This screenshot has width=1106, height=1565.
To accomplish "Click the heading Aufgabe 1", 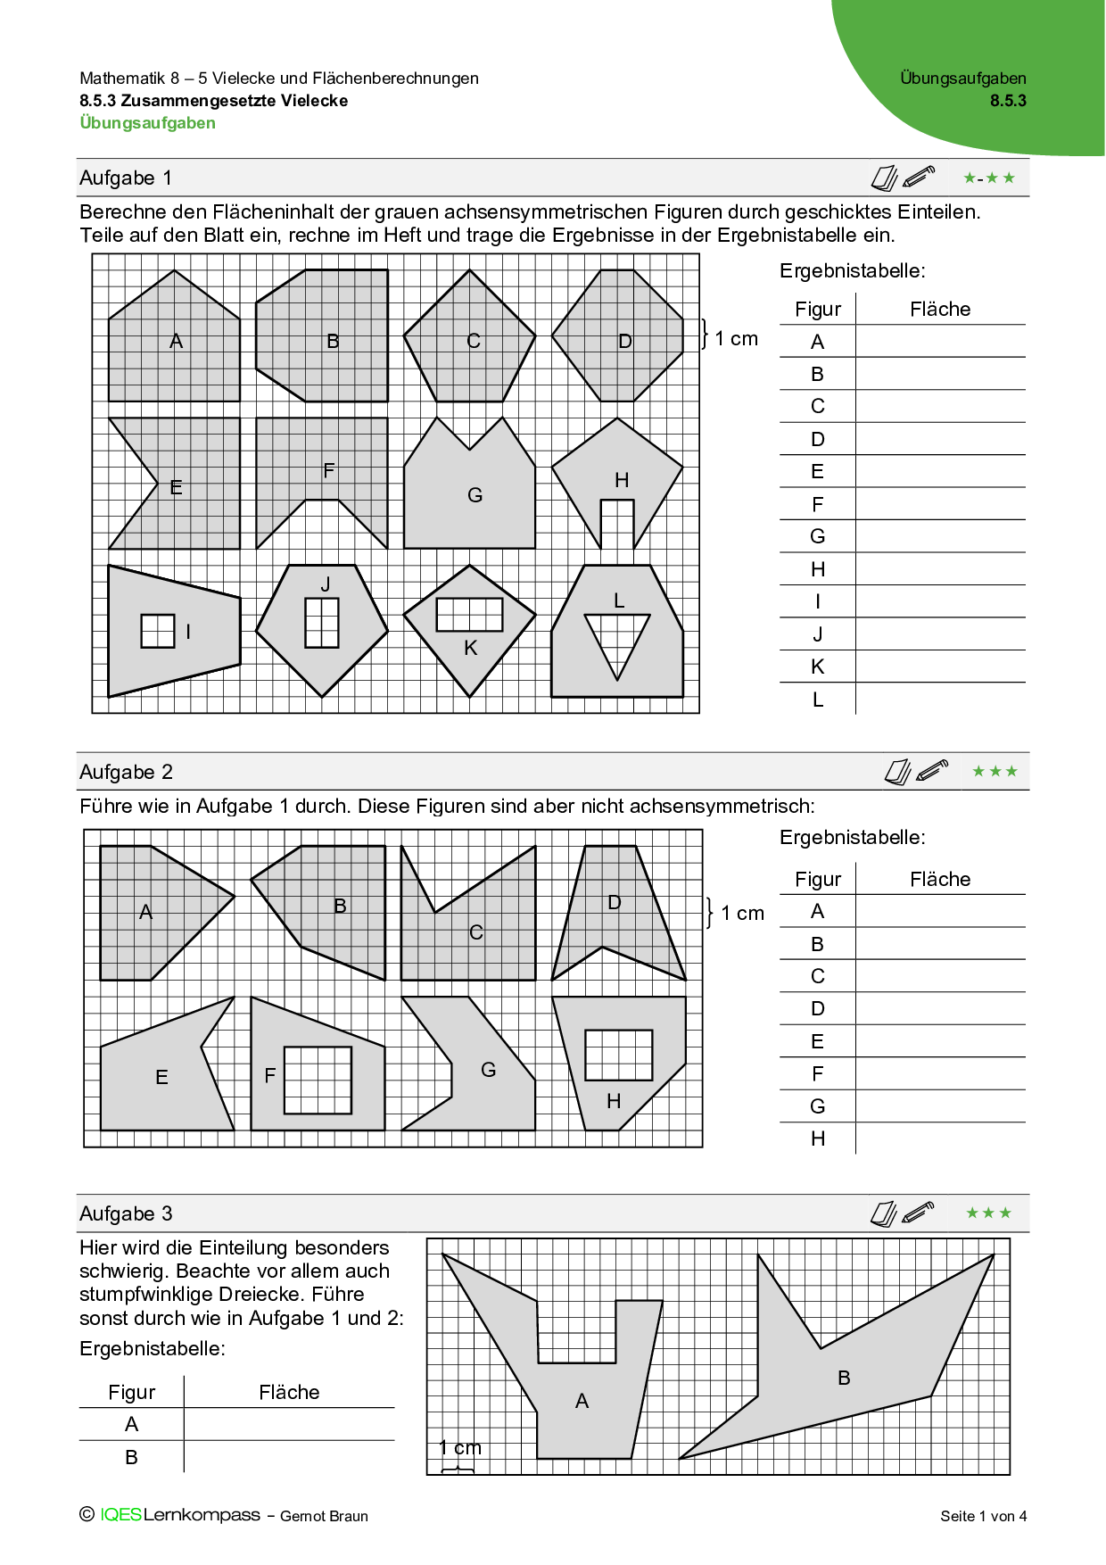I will click(x=126, y=178).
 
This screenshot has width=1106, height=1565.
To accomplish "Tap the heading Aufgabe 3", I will click(x=126, y=1213).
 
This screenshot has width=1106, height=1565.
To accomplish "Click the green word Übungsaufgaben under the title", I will click(x=148, y=123).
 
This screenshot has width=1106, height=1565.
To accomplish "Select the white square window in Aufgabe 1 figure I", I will click(x=158, y=631).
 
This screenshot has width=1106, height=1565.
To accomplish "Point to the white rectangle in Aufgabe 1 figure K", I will click(x=469, y=615).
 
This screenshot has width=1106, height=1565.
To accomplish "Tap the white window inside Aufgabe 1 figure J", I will click(x=322, y=623).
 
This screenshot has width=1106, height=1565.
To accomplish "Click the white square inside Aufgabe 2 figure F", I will click(x=318, y=1080).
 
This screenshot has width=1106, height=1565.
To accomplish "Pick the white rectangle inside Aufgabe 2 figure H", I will click(x=619, y=1056).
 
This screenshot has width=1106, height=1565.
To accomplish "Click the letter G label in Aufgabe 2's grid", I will click(x=488, y=1070).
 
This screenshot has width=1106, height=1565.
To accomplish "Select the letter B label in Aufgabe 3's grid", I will click(x=844, y=1378).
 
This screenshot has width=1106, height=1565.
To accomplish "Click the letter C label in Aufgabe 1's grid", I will click(x=474, y=341).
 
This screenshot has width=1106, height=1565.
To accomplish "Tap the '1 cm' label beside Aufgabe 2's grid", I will click(x=742, y=913).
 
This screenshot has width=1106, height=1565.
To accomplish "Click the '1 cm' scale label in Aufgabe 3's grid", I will click(x=460, y=1447).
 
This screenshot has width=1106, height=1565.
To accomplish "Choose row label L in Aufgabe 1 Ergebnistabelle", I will click(x=817, y=700).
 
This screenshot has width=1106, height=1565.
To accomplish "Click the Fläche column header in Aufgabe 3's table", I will click(x=289, y=1392).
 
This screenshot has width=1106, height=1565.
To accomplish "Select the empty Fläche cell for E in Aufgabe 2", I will click(x=940, y=1041).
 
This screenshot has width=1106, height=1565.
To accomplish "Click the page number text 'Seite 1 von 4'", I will click(x=983, y=1516).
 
